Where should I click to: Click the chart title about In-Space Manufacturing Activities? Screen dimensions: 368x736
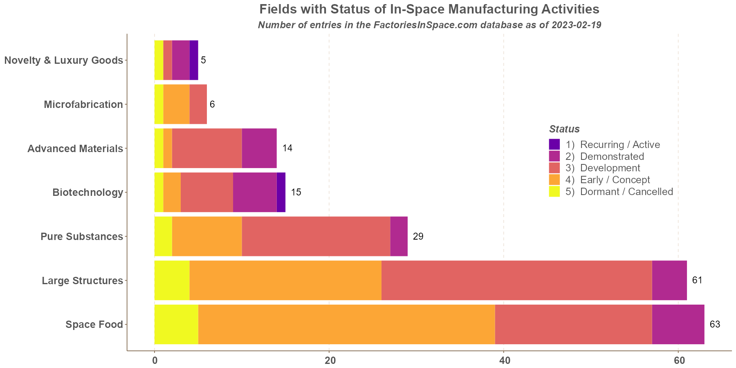(x=429, y=9)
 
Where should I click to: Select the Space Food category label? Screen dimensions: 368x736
(x=94, y=325)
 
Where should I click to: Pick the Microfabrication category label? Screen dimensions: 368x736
(x=83, y=104)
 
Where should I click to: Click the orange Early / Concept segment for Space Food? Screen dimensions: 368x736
(x=346, y=325)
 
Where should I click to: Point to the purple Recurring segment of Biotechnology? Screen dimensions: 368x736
(x=281, y=192)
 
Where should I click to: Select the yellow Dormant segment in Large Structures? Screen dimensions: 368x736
(x=172, y=280)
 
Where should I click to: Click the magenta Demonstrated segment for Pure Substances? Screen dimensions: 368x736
(x=399, y=236)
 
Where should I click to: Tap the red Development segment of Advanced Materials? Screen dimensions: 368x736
(x=207, y=148)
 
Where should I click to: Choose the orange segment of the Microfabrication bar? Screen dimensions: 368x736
(x=176, y=104)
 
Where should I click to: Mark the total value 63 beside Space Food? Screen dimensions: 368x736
(x=715, y=325)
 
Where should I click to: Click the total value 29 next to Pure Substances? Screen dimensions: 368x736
(x=418, y=236)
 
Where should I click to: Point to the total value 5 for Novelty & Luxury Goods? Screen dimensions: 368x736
(x=203, y=60)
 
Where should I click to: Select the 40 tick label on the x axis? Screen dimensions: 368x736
(x=504, y=360)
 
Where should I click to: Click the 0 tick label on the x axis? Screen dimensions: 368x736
(x=155, y=360)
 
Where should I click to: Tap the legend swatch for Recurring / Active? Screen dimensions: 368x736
(x=554, y=144)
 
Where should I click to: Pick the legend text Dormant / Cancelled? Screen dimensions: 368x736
(x=626, y=191)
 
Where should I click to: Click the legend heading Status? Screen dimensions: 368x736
(x=564, y=129)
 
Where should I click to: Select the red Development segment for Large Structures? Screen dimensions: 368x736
(x=516, y=280)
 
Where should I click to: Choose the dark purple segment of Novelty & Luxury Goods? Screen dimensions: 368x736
(x=194, y=60)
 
